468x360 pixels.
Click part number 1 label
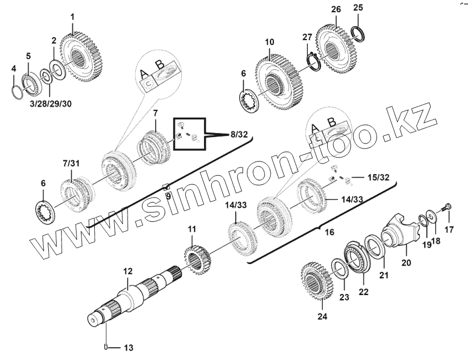[x=72, y=17]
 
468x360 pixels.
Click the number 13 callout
[x=128, y=348]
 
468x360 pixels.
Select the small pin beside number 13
[x=105, y=348]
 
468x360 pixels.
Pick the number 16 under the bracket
[x=329, y=232]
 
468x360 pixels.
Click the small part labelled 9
[x=165, y=186]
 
